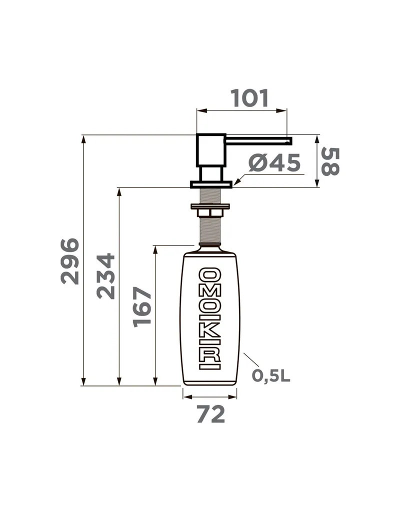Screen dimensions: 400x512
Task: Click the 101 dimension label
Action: tap(249, 98)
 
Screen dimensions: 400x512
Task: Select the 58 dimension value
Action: tap(330, 161)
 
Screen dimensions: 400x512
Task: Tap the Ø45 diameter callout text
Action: tap(274, 163)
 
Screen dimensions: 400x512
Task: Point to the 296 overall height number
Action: tap(70, 261)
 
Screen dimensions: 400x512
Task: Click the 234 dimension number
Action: tap(106, 276)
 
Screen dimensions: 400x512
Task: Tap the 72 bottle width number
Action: tap(211, 414)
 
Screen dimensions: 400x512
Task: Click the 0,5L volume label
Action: tap(270, 376)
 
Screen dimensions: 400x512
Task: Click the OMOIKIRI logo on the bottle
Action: tap(210, 319)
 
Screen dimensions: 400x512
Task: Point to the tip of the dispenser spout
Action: tap(291, 141)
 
